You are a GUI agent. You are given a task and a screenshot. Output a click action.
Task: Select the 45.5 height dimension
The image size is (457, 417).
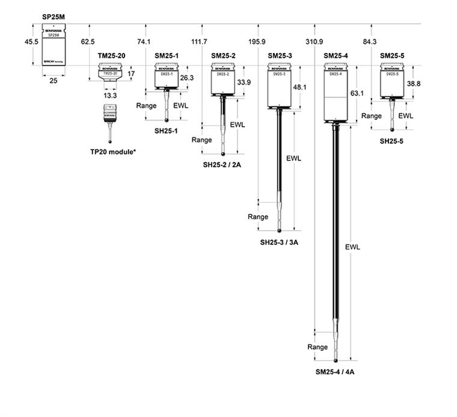click(x=32, y=42)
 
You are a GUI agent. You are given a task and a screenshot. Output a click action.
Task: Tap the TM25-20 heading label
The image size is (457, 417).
click(x=112, y=56)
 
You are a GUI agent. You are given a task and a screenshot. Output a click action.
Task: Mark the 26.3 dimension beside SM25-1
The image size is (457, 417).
click(x=188, y=78)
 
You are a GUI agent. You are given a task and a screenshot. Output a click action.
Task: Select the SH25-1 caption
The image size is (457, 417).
click(x=167, y=130)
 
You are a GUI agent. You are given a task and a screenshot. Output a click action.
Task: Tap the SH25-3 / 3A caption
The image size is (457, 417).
click(x=280, y=243)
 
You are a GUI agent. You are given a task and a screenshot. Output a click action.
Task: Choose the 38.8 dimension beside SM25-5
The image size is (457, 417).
click(x=414, y=84)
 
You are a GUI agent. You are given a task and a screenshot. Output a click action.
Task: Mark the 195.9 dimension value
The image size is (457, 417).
click(x=257, y=42)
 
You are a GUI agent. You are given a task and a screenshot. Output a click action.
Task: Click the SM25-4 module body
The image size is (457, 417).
click(x=336, y=94)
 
